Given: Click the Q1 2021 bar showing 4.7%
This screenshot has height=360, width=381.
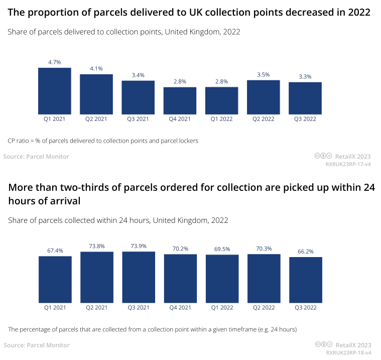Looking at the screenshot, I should click(55, 91).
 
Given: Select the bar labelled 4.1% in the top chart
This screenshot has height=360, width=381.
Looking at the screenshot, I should click(96, 94).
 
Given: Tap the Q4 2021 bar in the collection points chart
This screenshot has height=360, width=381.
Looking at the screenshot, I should click(180, 100).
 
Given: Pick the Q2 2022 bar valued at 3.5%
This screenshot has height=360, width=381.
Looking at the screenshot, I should click(263, 97).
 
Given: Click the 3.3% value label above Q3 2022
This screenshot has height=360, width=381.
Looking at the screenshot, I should click(305, 77).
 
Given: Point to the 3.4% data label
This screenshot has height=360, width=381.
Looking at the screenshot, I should click(138, 75).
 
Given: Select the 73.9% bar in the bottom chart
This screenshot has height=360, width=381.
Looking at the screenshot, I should click(138, 277).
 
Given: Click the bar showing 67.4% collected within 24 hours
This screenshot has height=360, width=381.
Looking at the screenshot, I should click(55, 279).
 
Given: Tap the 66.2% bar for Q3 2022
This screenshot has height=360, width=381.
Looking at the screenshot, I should click(305, 280).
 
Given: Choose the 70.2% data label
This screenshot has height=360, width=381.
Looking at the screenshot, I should click(180, 248).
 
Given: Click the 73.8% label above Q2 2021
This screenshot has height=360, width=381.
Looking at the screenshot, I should click(96, 246).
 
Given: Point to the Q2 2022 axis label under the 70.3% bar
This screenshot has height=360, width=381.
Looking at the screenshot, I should click(263, 308).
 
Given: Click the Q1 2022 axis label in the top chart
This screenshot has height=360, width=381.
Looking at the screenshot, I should click(221, 119).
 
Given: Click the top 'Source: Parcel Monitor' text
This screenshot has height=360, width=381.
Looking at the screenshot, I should click(36, 157).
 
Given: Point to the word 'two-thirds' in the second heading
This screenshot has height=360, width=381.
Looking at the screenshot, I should click(80, 188).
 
